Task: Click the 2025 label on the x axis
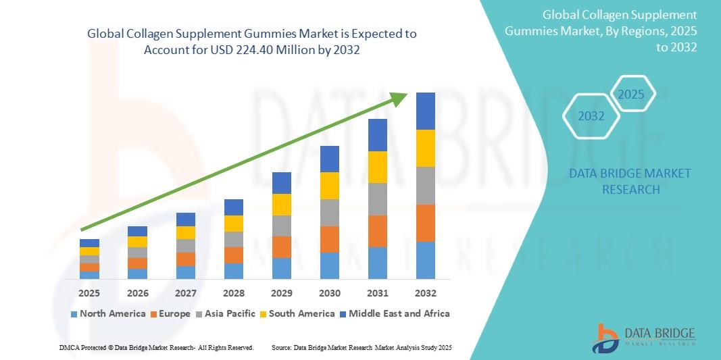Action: [89, 293]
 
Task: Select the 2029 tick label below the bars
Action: [282, 293]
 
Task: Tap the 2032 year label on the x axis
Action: [426, 293]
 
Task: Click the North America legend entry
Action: [108, 313]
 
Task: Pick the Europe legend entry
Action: [170, 313]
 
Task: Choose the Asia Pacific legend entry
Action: [226, 313]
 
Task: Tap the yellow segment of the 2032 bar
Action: [426, 148]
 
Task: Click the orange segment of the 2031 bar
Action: [378, 231]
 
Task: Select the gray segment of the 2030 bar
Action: [330, 212]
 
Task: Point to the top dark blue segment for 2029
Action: [282, 182]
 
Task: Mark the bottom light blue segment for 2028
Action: [234, 271]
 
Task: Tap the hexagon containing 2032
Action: [591, 116]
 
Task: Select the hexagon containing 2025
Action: [632, 94]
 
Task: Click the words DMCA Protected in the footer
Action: [80, 347]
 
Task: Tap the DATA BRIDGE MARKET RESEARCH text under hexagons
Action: [630, 182]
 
